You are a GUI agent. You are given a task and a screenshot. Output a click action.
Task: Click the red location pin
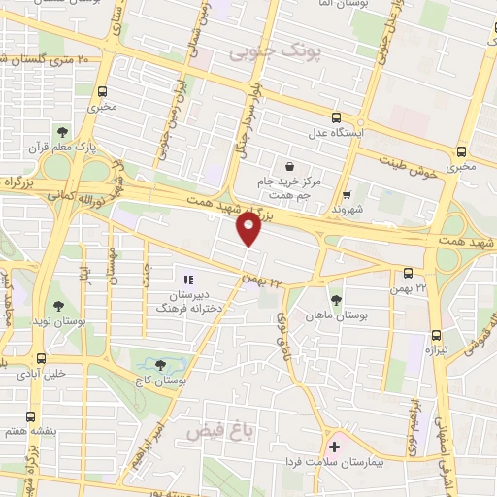tap(249, 229)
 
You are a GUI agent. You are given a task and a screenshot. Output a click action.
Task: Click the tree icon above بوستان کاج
tap(160, 365)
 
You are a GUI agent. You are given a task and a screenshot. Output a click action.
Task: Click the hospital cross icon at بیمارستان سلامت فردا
tap(335, 447)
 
